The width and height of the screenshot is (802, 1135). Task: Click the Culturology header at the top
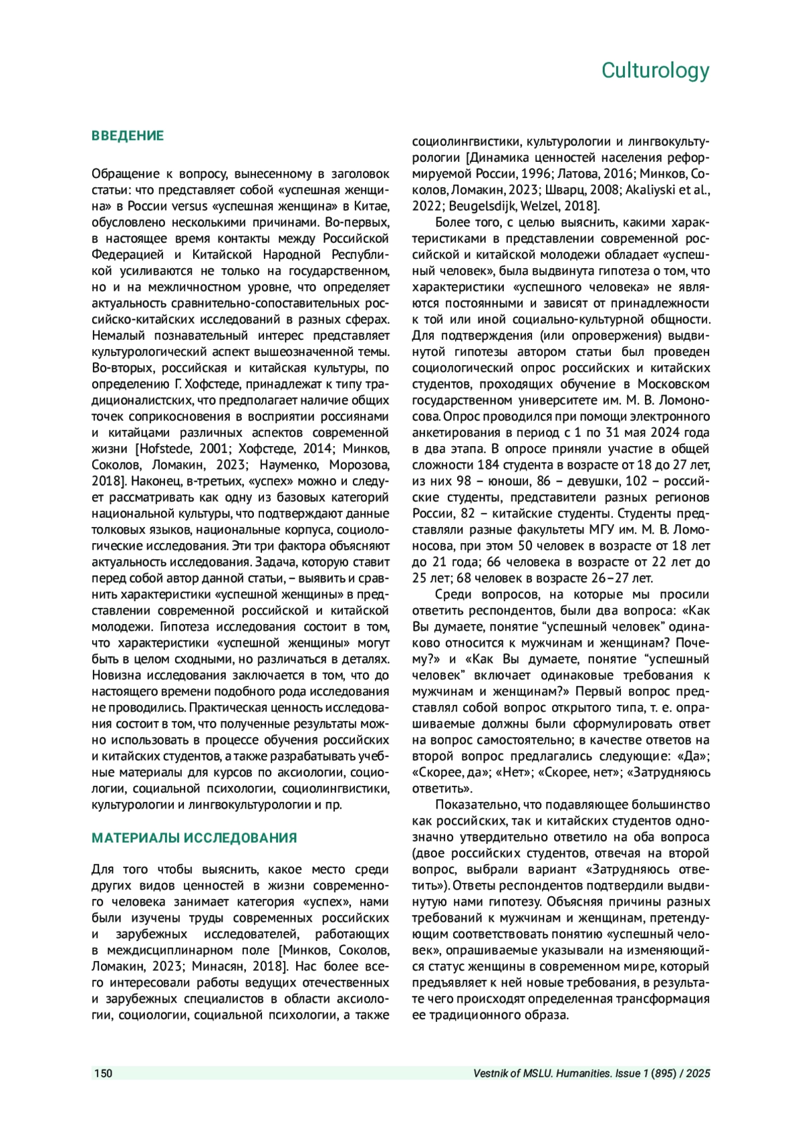[655, 70]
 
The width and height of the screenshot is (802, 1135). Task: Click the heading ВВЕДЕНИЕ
[128, 136]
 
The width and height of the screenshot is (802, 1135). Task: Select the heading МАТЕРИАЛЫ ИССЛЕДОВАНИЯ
[194, 838]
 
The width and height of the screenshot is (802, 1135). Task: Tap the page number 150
[103, 1073]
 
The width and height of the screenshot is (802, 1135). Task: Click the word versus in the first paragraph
[190, 206]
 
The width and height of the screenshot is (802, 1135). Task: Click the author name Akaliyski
[651, 190]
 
